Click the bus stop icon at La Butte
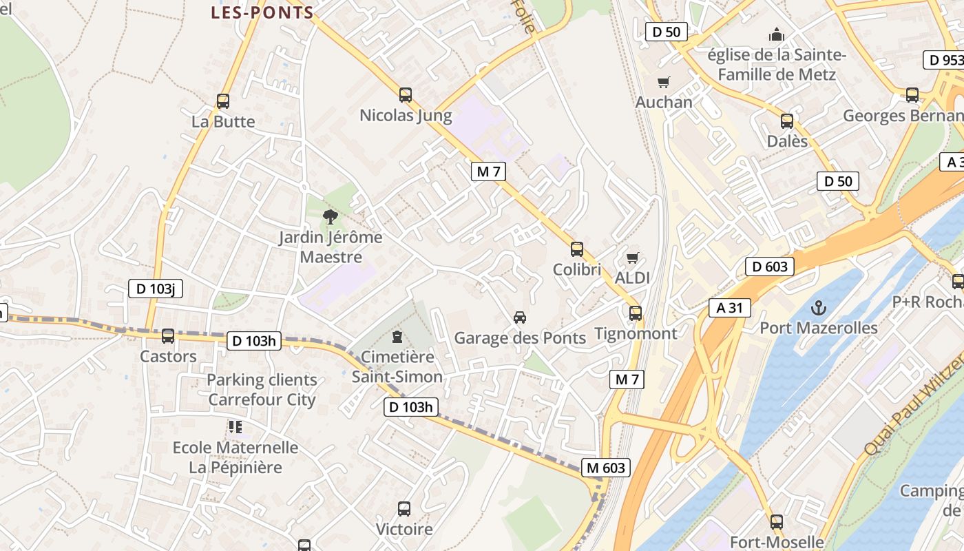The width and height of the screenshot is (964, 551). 223,101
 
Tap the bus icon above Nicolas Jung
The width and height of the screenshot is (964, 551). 406,95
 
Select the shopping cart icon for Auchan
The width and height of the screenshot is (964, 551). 664,83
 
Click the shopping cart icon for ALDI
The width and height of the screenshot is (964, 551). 633,258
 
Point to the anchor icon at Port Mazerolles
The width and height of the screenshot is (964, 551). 819,307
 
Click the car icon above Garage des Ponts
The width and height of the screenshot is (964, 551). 520,318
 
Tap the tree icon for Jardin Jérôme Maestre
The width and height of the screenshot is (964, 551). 331,217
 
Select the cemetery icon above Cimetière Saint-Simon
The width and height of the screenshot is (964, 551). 397,337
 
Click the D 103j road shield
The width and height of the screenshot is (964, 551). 156,289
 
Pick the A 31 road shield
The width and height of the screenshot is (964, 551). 729,308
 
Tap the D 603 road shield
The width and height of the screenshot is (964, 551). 769,267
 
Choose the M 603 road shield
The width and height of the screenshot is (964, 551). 606,468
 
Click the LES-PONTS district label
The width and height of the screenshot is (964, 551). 262,12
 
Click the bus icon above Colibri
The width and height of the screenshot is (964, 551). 577,249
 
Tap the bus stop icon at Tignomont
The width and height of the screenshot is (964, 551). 636,313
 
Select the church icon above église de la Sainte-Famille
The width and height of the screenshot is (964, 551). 777,34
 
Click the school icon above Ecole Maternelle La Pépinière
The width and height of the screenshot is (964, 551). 235,427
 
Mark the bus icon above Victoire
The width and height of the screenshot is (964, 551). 404,509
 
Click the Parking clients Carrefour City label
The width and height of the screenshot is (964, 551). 262,390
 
